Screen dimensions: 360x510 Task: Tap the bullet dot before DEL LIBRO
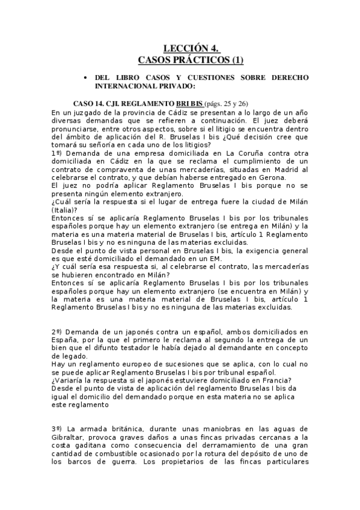pyautogui.click(x=87, y=79)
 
